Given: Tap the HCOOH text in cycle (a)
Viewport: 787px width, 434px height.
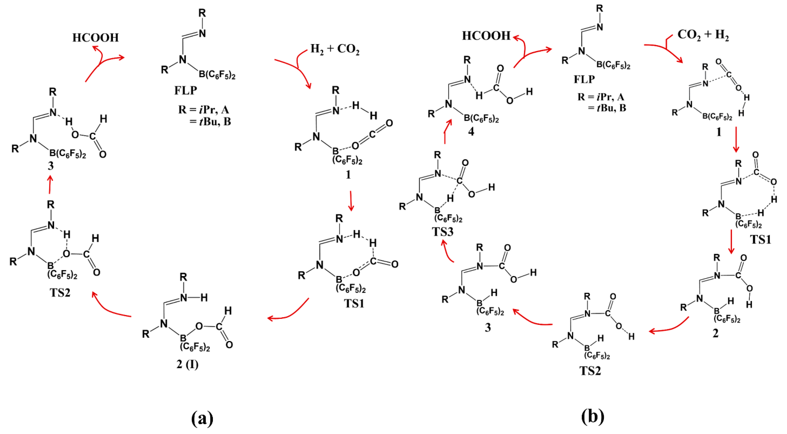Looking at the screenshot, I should point(95,38).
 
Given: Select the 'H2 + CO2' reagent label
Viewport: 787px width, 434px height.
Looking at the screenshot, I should point(335,49).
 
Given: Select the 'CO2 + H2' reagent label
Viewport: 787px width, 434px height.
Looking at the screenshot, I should point(703,35).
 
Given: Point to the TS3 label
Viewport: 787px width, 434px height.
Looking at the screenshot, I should point(442,232).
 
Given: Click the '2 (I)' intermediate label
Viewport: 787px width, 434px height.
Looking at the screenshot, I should point(187,364).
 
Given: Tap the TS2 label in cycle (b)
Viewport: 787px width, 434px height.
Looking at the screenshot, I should point(590,371).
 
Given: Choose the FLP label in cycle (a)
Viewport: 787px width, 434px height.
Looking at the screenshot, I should point(186,90).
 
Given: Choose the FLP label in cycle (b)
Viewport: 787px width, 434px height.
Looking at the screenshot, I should point(584,79).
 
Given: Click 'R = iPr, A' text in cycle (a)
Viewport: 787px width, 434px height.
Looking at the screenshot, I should point(204,110).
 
